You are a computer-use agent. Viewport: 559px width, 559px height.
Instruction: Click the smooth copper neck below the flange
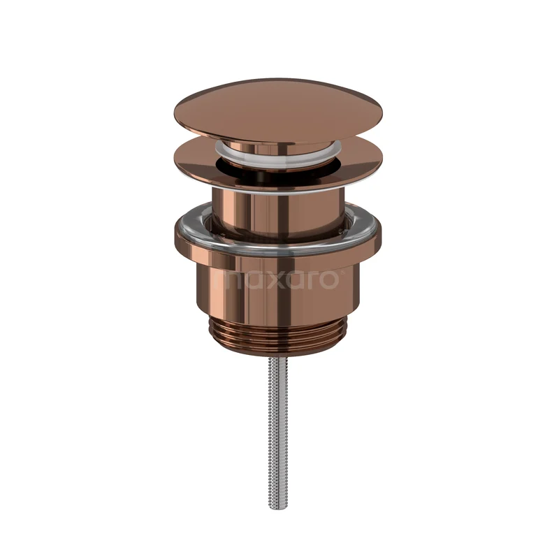(x=279, y=210)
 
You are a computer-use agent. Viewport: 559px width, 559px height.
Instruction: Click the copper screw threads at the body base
(x=279, y=334)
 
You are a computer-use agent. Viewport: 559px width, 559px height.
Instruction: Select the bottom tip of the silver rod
(x=279, y=505)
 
